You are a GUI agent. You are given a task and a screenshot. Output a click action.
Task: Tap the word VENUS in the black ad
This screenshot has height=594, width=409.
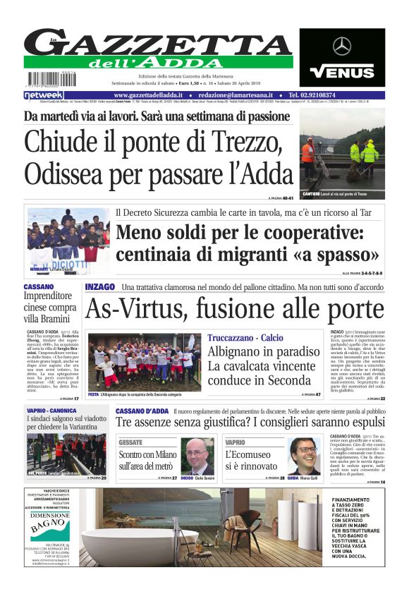[x=342, y=71]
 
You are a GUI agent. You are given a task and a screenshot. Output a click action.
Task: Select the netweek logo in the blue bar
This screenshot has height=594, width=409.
[x=44, y=95]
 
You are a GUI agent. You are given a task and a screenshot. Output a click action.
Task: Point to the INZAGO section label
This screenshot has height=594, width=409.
[x=99, y=287]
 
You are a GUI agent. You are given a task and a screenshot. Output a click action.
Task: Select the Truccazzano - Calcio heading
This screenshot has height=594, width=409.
[x=245, y=338]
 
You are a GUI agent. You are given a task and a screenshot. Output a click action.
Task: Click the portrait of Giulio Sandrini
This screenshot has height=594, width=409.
[x=199, y=456]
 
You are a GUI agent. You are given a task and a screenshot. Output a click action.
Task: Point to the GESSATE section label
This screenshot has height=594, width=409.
[x=130, y=442]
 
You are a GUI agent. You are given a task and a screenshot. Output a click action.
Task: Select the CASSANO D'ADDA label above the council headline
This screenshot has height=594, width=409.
[x=140, y=411]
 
